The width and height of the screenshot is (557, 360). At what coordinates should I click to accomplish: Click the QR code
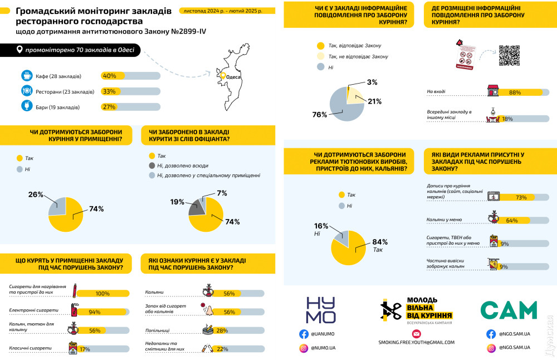point(509,55)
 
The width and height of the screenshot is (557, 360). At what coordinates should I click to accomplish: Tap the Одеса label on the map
point(233,77)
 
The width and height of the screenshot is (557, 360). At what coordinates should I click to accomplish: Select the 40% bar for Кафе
point(130,76)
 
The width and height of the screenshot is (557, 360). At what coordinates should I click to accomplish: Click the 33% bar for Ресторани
point(130,91)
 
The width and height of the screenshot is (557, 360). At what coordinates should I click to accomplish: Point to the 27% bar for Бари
point(130,106)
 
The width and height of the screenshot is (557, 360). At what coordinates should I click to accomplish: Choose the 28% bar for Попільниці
point(240,331)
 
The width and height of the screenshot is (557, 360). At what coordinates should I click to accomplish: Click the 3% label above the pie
point(372,82)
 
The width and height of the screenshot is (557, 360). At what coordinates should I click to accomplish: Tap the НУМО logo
point(321,310)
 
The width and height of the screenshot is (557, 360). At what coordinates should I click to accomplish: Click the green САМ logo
point(509,310)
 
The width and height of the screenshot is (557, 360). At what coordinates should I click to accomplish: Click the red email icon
point(416,334)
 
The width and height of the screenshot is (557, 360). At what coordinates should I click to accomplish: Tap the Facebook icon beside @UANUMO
point(304,334)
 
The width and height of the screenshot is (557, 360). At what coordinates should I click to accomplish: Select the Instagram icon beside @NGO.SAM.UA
point(491,348)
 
